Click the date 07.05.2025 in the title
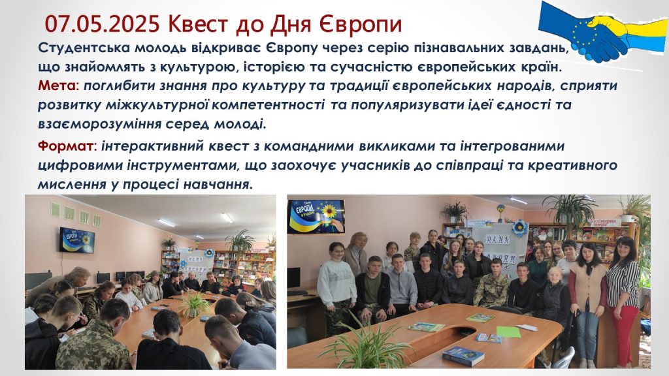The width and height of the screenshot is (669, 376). [x=102, y=24]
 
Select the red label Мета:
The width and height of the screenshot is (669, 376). [x=59, y=86]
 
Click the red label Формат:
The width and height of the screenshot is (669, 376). [x=67, y=146]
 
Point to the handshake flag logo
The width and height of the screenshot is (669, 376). [x=602, y=30]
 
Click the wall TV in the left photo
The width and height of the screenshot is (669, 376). [x=77, y=240]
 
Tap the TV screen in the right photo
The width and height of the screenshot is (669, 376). [x=316, y=217]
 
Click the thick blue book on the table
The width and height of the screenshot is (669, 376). [x=463, y=356]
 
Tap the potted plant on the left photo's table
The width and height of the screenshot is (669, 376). [x=195, y=304]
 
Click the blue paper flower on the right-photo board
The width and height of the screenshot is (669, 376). [x=519, y=228]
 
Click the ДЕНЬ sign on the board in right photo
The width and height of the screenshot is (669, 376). [x=497, y=239]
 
